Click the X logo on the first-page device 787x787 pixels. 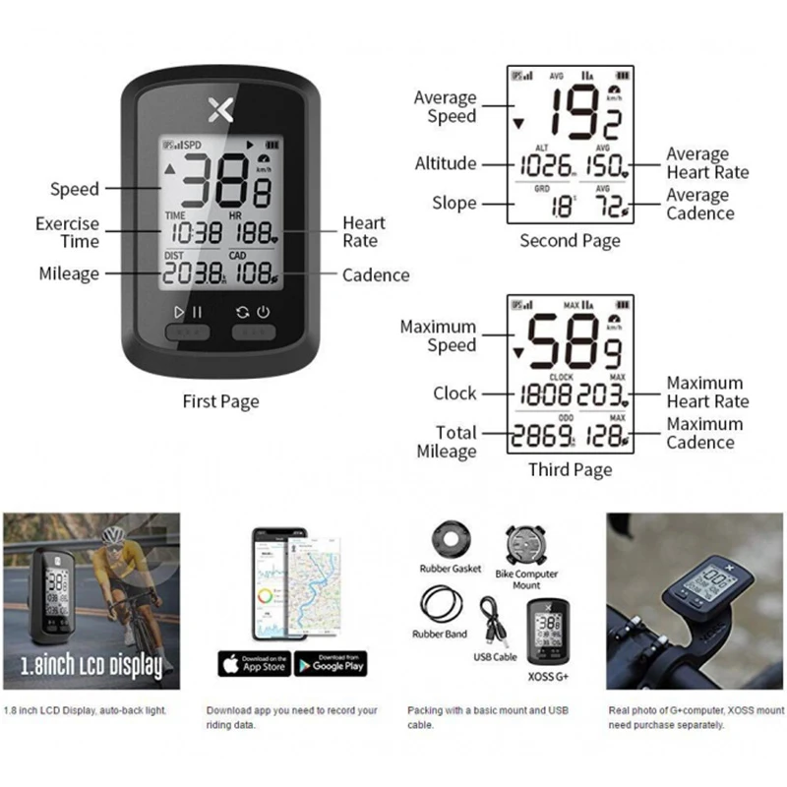coord(221,108)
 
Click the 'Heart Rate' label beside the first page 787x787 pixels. coord(363,232)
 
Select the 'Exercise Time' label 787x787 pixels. coord(68,232)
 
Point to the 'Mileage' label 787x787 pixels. coord(69,273)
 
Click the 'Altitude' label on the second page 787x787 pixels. coord(445,163)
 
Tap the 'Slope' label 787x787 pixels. coord(454,203)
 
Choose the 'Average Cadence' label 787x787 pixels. coord(698,204)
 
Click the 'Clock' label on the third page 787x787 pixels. coord(454,393)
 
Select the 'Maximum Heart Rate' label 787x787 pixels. coord(707,392)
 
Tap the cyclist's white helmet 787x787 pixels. coord(115,535)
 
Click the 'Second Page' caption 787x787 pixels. coord(570,241)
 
